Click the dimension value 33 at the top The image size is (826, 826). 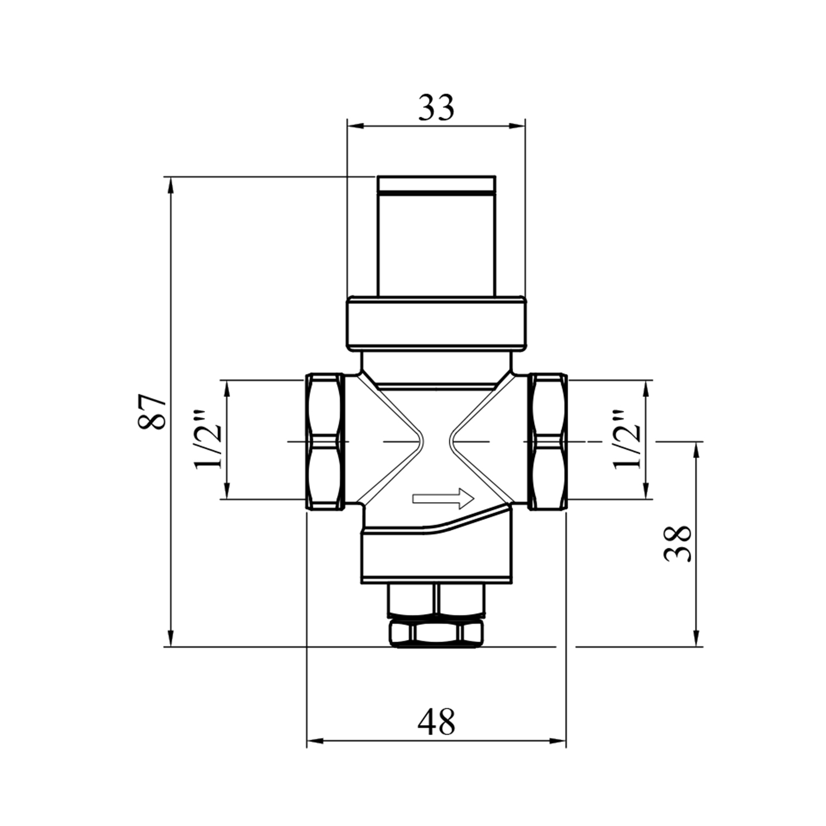click(x=436, y=108)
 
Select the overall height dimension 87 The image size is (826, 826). click(x=152, y=412)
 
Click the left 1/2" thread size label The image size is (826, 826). click(x=209, y=438)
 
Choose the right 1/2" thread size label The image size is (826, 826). click(x=628, y=438)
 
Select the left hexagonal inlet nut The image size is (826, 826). click(x=325, y=442)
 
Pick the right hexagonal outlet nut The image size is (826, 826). click(x=548, y=442)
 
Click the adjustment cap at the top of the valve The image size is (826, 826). click(x=436, y=237)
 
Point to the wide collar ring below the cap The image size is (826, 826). click(x=436, y=324)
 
